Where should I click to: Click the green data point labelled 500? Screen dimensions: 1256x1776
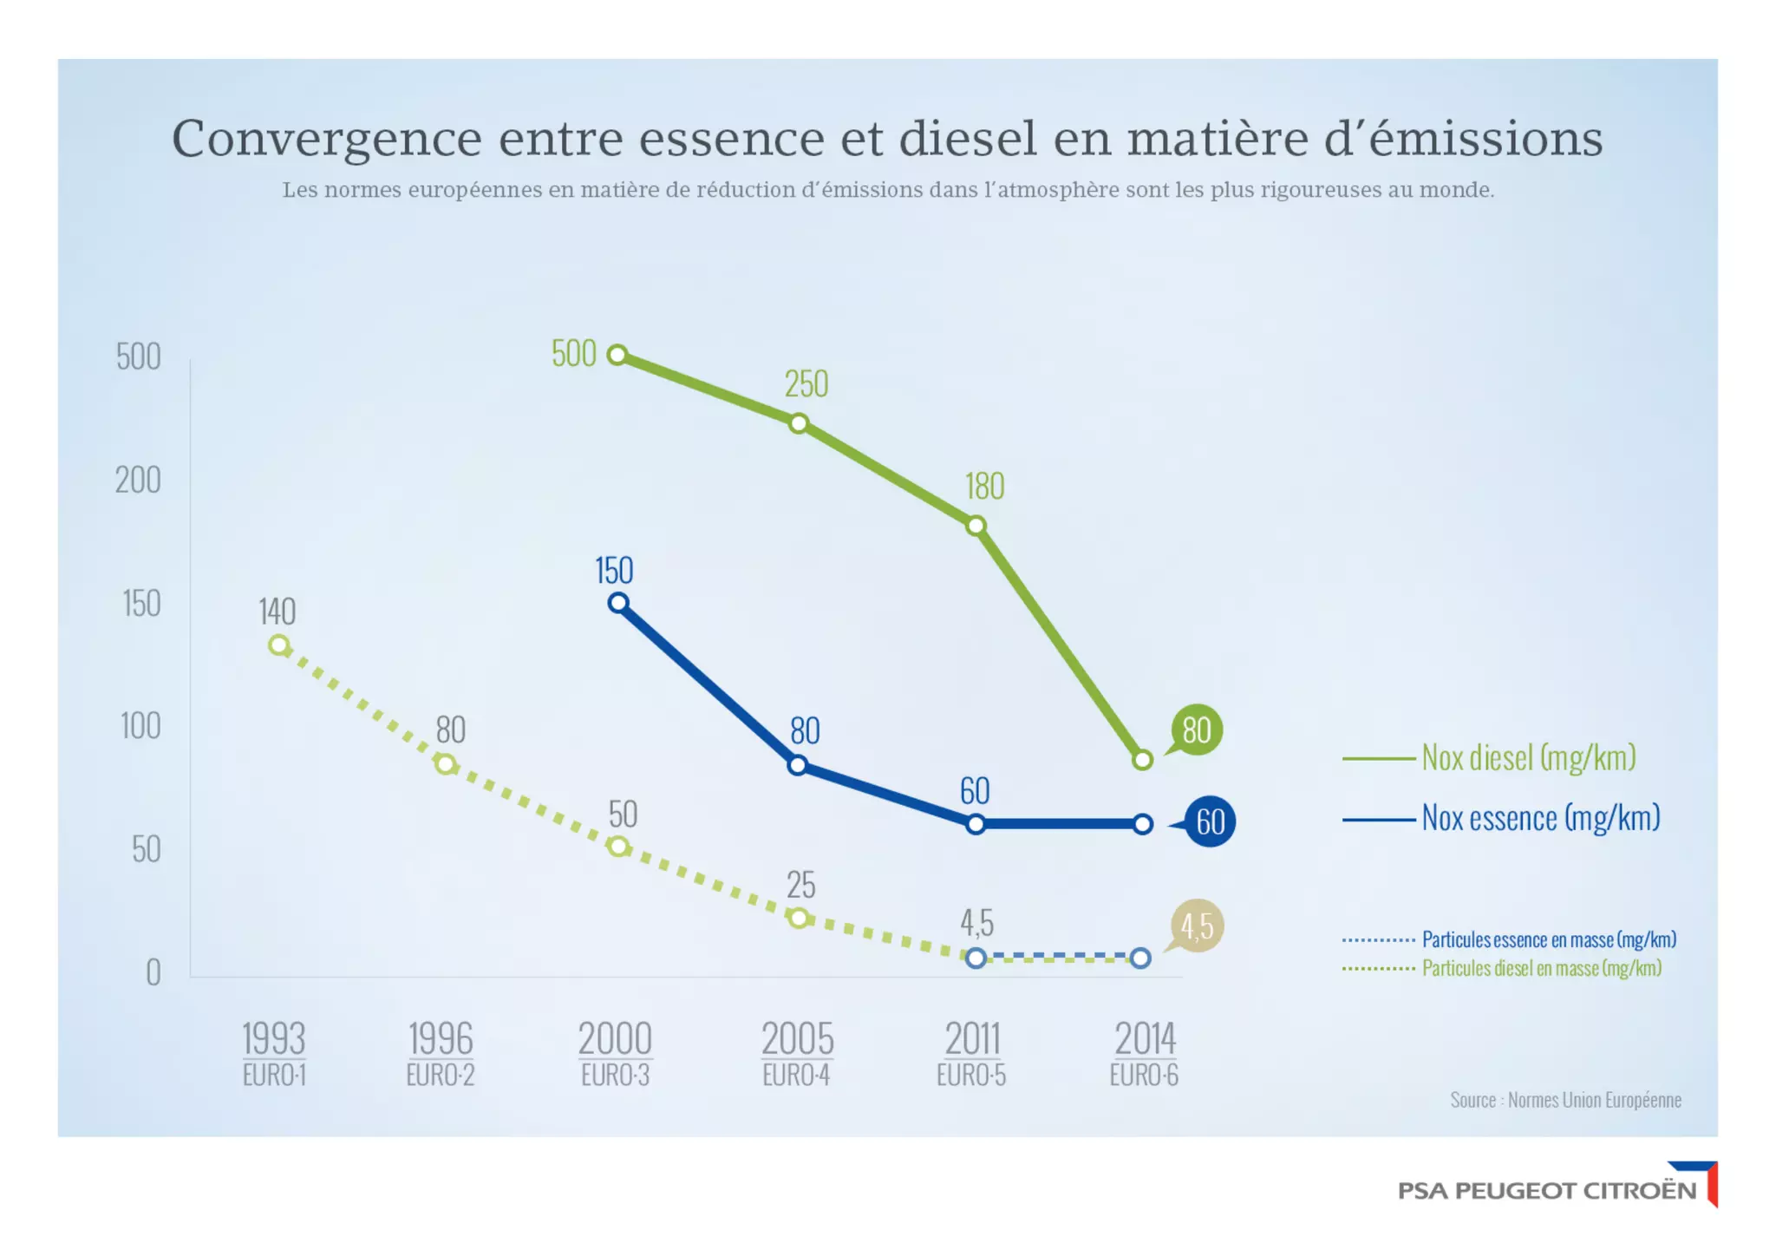(x=617, y=355)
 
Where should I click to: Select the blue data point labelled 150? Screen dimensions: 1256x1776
(x=618, y=603)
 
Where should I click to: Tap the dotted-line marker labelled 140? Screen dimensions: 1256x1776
(x=278, y=645)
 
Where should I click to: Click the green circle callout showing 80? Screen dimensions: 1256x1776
(x=1197, y=730)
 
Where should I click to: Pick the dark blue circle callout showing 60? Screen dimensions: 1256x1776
(x=1210, y=821)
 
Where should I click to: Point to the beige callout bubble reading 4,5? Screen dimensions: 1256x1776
(x=1197, y=926)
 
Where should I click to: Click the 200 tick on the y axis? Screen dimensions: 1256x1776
(x=139, y=481)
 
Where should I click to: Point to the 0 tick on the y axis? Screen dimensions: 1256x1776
(x=153, y=973)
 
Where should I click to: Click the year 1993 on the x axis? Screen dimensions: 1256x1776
(x=273, y=1038)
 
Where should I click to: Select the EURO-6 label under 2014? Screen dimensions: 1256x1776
(x=1144, y=1076)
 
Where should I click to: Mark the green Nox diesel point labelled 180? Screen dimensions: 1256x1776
(x=976, y=526)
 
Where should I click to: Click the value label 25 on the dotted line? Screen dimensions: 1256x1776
(x=800, y=886)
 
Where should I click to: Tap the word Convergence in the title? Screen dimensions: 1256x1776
(x=326, y=139)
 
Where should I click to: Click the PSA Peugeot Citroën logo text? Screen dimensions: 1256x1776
(x=1546, y=1190)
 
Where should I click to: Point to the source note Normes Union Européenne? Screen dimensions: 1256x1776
(x=1565, y=1100)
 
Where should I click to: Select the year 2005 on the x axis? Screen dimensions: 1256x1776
(x=797, y=1038)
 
